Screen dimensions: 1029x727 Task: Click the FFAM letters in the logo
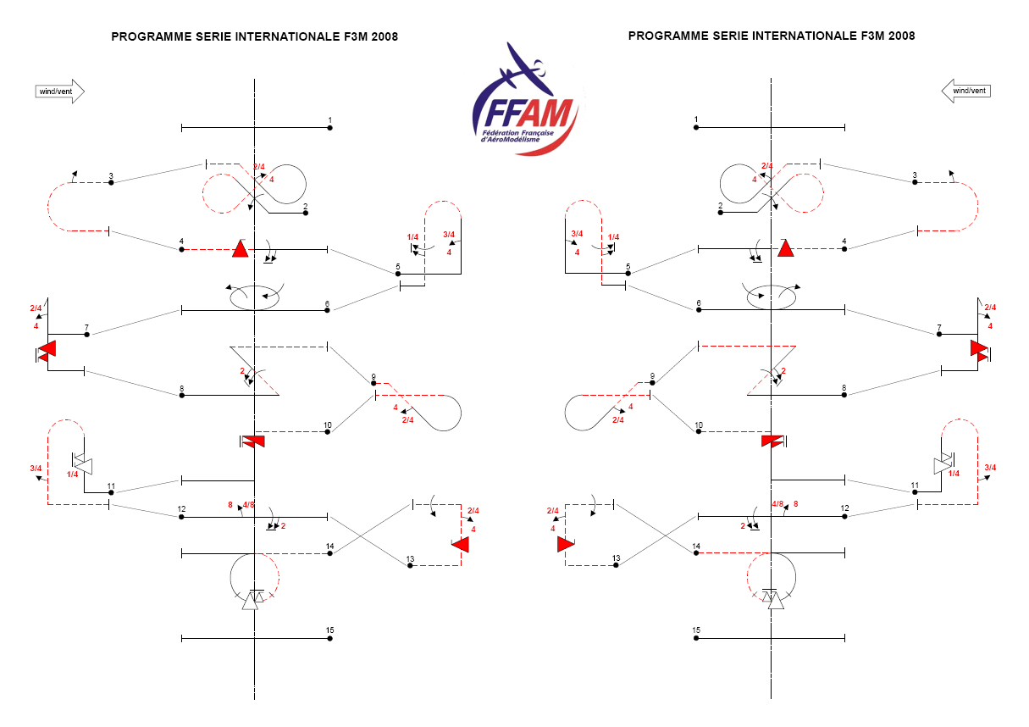(x=528, y=113)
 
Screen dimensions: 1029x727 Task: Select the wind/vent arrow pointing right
(x=60, y=92)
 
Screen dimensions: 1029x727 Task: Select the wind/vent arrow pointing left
(x=966, y=91)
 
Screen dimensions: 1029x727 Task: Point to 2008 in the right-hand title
(x=901, y=36)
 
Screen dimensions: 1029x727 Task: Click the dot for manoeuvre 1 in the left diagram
(x=329, y=128)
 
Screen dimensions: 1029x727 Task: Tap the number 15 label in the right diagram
(x=696, y=630)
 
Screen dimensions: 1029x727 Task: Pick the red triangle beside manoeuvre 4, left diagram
(x=241, y=248)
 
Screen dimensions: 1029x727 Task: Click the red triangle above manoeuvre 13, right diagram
(x=566, y=545)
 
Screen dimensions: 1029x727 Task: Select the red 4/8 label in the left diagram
(x=248, y=505)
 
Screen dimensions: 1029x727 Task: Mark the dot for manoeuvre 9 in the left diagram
(x=373, y=383)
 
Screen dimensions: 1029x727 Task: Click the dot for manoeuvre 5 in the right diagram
(x=628, y=274)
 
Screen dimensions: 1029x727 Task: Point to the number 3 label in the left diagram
(x=111, y=176)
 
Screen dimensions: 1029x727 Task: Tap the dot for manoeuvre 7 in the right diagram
(x=939, y=334)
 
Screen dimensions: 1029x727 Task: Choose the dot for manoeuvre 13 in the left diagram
(x=410, y=565)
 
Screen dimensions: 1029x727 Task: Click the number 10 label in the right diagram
(x=699, y=425)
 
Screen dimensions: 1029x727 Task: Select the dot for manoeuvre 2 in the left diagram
(x=306, y=213)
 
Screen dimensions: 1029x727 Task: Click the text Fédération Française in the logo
(x=517, y=133)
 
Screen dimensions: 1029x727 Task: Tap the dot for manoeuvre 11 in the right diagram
(x=915, y=492)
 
